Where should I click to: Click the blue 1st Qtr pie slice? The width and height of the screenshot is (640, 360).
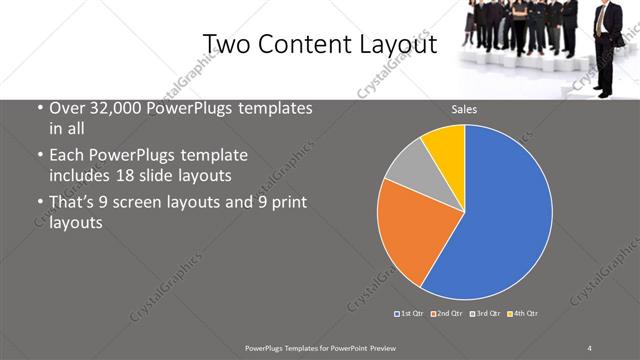tap(505, 215)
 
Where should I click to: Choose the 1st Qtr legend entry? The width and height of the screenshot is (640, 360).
tap(411, 314)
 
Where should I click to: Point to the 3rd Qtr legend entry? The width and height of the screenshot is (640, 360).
tap(485, 314)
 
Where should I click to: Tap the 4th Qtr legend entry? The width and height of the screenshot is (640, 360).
tap(523, 314)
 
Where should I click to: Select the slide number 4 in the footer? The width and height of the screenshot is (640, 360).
tap(589, 346)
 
